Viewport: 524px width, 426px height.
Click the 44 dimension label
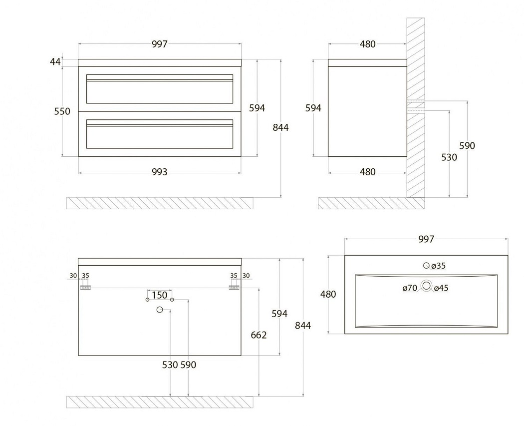click(55, 61)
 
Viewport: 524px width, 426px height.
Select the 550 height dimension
click(62, 111)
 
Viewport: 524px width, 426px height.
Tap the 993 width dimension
click(159, 172)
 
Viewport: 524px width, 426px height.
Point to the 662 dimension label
click(259, 335)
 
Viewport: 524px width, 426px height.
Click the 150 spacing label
click(159, 295)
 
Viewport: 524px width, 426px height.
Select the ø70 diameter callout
click(410, 288)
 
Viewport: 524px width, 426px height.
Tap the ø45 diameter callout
click(441, 288)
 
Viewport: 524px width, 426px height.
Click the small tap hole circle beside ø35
click(426, 266)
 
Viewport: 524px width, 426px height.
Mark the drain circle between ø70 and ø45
click(426, 286)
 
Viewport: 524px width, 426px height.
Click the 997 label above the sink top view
click(426, 239)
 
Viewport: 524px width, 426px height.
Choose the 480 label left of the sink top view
click(328, 294)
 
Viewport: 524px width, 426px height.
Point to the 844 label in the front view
click(281, 127)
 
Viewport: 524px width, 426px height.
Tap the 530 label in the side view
click(449, 157)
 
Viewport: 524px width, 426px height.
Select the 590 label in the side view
click(467, 146)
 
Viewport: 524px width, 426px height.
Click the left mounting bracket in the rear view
click(86, 287)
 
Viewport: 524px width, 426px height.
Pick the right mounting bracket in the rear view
click(234, 287)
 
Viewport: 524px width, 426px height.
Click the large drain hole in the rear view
click(160, 310)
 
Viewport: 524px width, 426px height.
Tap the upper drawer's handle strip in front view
click(160, 77)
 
